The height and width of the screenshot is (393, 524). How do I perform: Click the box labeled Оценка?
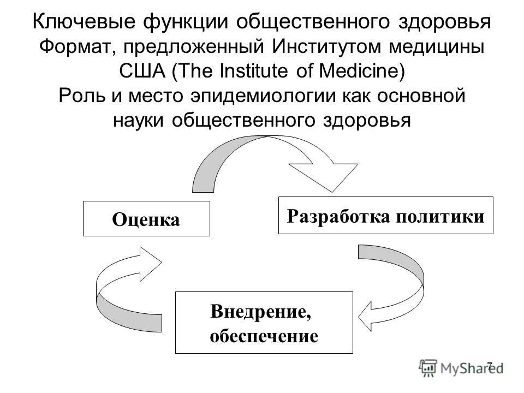point(146,218)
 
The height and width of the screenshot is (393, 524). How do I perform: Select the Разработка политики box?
point(385,215)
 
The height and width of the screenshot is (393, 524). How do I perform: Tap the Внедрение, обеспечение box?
point(264,322)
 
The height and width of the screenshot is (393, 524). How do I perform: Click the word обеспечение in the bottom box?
point(264,335)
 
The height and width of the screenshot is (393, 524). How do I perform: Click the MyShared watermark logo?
point(462,367)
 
